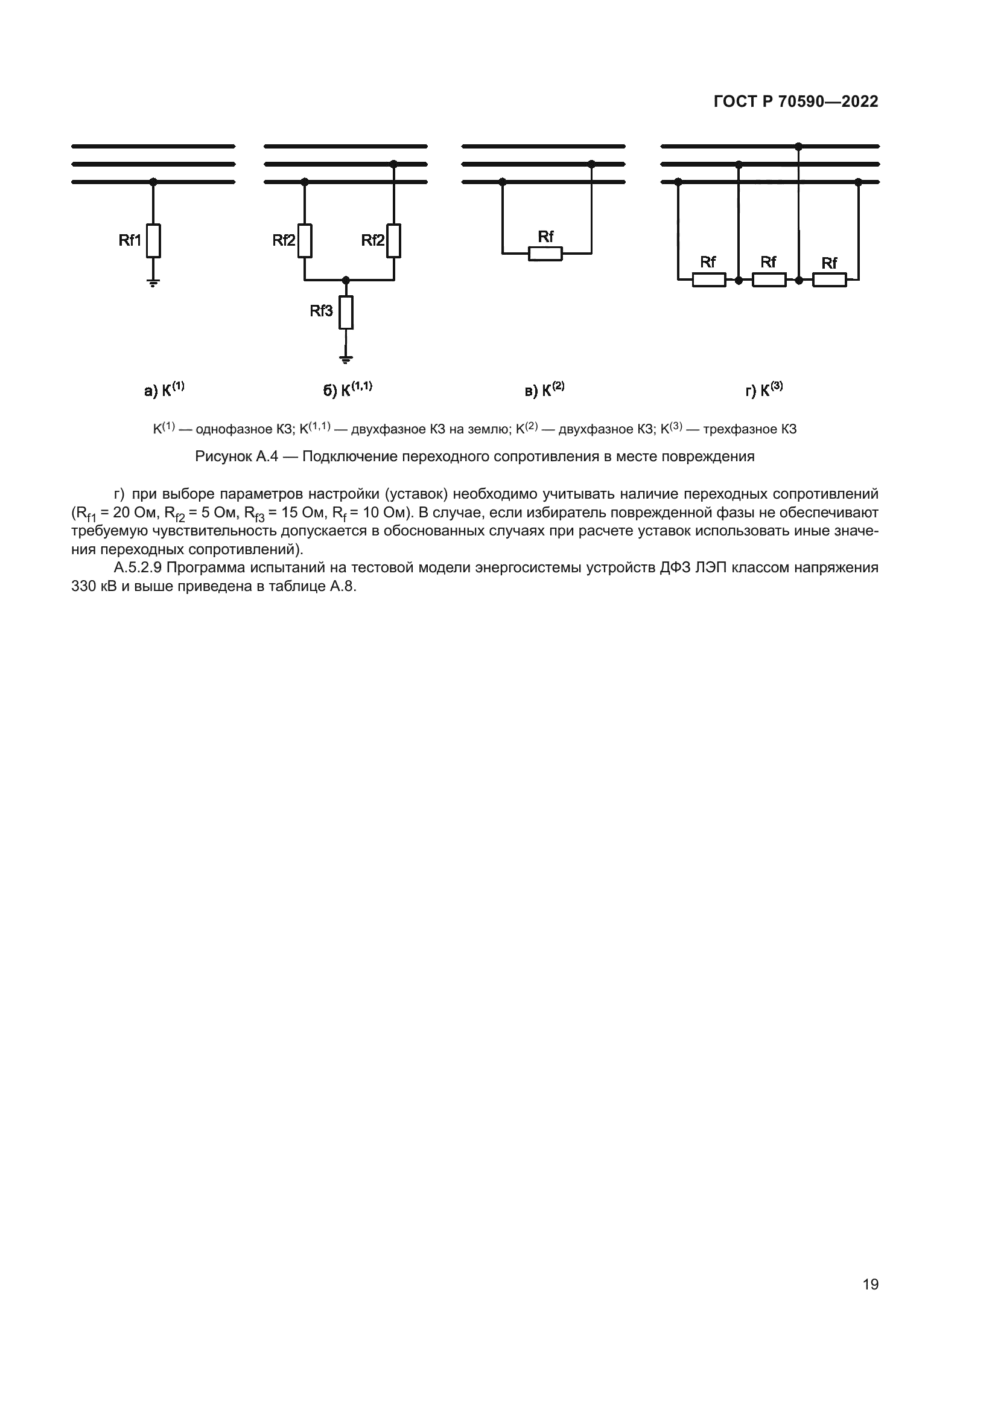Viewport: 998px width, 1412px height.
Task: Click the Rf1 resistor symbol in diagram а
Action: click(154, 240)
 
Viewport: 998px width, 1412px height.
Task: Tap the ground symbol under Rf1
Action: click(154, 283)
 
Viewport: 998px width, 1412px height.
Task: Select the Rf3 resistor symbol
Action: click(346, 313)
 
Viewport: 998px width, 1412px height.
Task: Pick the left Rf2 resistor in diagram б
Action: click(305, 240)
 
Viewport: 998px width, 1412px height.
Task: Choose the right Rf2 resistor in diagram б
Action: click(394, 240)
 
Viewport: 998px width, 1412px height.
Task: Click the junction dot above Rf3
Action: click(346, 280)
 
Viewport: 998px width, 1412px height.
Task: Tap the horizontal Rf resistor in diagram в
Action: click(545, 254)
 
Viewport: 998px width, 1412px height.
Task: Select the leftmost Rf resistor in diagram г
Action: click(708, 280)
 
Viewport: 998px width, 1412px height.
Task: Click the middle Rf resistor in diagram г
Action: click(769, 280)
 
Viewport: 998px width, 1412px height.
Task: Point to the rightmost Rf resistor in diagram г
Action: click(829, 280)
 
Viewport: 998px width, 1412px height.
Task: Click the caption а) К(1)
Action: click(164, 390)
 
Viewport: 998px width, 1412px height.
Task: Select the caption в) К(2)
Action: click(544, 390)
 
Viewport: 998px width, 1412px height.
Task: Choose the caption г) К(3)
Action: click(764, 390)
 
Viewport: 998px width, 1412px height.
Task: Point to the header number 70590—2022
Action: click(828, 102)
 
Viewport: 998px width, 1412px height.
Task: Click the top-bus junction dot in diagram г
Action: click(798, 146)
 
